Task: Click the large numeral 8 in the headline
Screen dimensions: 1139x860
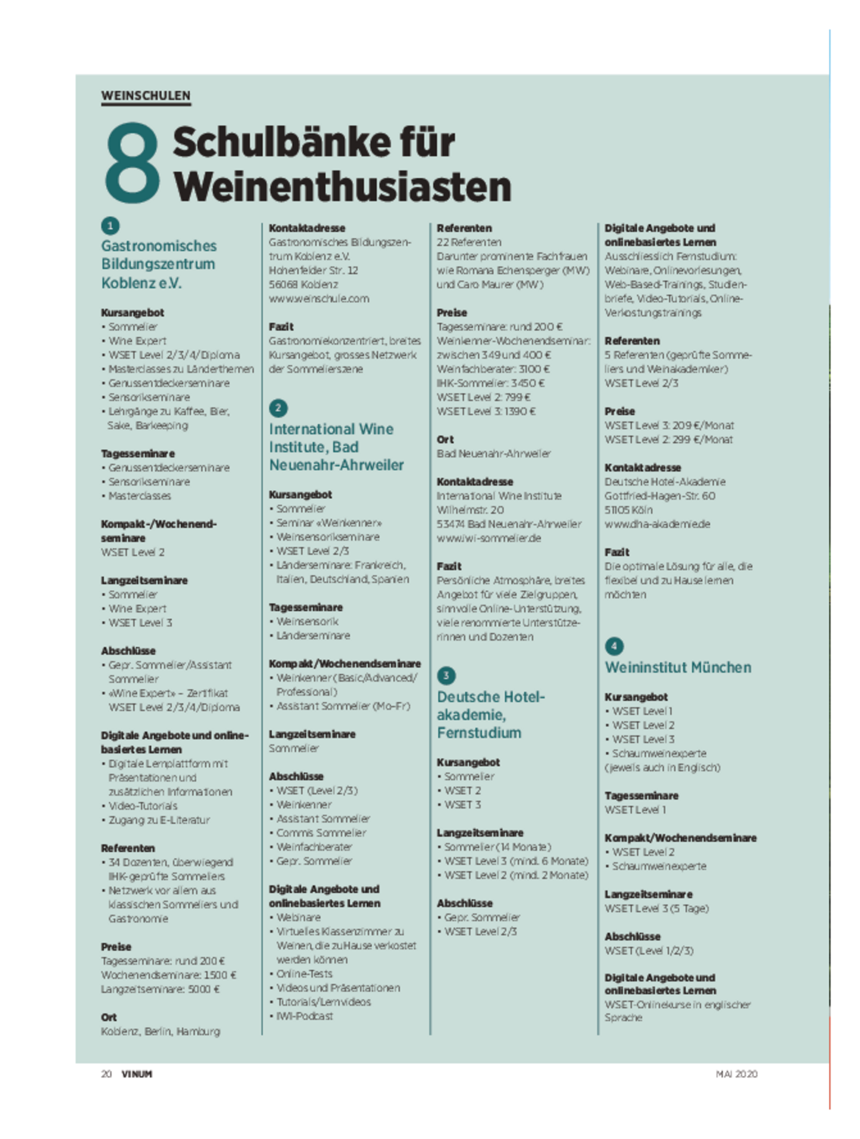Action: point(132,164)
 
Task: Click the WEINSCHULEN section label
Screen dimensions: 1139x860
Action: point(145,95)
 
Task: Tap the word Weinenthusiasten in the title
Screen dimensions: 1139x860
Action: point(342,187)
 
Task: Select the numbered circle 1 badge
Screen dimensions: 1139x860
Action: point(110,226)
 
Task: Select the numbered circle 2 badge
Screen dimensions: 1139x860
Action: point(278,408)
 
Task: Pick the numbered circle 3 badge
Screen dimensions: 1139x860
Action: point(446,676)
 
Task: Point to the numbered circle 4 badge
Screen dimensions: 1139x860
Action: point(614,646)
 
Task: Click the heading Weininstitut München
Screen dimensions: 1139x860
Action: point(677,667)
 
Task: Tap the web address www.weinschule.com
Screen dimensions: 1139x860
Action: point(319,298)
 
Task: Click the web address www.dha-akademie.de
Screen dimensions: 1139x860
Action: point(657,524)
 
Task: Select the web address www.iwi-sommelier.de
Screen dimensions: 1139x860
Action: point(489,538)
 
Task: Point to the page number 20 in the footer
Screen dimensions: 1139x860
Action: point(107,1074)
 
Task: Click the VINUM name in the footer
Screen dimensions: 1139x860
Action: point(136,1074)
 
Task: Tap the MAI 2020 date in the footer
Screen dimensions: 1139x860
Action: point(736,1074)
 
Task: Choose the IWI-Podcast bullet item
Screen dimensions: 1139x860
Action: point(304,1016)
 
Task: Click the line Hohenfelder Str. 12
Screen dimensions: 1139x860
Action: point(313,270)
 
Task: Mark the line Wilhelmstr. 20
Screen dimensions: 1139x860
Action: point(470,510)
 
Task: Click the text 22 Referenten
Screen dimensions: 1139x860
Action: point(469,242)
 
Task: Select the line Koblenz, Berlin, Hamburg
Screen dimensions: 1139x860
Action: point(161,1031)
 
